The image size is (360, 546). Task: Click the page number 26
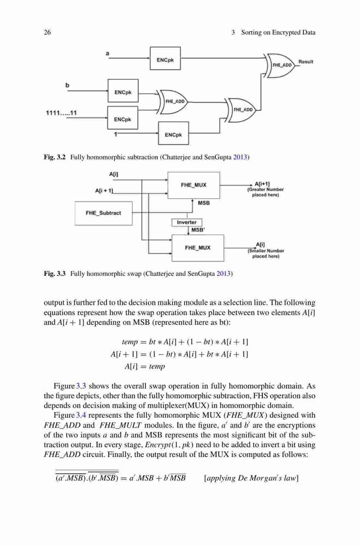[47, 33]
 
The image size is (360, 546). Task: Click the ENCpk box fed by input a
[165, 58]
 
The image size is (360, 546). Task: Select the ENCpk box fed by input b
[123, 91]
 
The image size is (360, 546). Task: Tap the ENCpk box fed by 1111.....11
[123, 118]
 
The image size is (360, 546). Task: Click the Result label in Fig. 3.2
[305, 62]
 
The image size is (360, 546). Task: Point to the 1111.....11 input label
[61, 113]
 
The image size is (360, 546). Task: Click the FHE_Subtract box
[103, 213]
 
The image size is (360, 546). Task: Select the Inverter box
[187, 222]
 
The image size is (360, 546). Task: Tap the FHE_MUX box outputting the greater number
[194, 185]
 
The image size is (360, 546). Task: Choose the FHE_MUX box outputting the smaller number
[198, 248]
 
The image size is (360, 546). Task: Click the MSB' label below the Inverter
[198, 230]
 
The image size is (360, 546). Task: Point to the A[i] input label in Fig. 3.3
[114, 174]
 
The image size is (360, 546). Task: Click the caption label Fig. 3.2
[55, 157]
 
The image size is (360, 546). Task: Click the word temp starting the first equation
[130, 342]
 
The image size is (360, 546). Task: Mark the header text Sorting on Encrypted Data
[278, 33]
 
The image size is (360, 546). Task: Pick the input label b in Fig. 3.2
[67, 85]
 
